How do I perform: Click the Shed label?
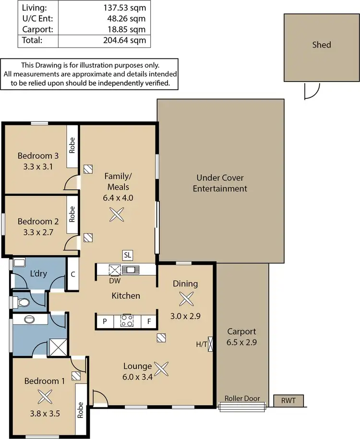pos(321,45)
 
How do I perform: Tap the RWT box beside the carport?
pos(288,401)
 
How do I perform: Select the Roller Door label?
pos(242,398)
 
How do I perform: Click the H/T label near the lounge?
pos(202,344)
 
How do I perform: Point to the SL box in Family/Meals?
pos(128,255)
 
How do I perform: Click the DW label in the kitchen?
pos(115,281)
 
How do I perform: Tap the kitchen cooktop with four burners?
pos(127,320)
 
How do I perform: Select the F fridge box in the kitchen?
pos(149,321)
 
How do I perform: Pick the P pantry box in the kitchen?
pos(105,321)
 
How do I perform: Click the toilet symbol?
pos(22,302)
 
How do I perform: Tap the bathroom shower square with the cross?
pos(58,347)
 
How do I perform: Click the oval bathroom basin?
pos(29,320)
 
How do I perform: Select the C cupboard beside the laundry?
pos(73,274)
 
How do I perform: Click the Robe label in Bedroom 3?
pos(72,145)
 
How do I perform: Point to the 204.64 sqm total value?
pos(125,40)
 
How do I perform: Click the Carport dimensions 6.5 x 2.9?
pos(241,342)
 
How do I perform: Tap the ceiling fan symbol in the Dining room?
pos(186,299)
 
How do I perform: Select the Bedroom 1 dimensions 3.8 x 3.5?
pos(45,413)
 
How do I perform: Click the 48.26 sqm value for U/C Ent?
pos(126,19)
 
